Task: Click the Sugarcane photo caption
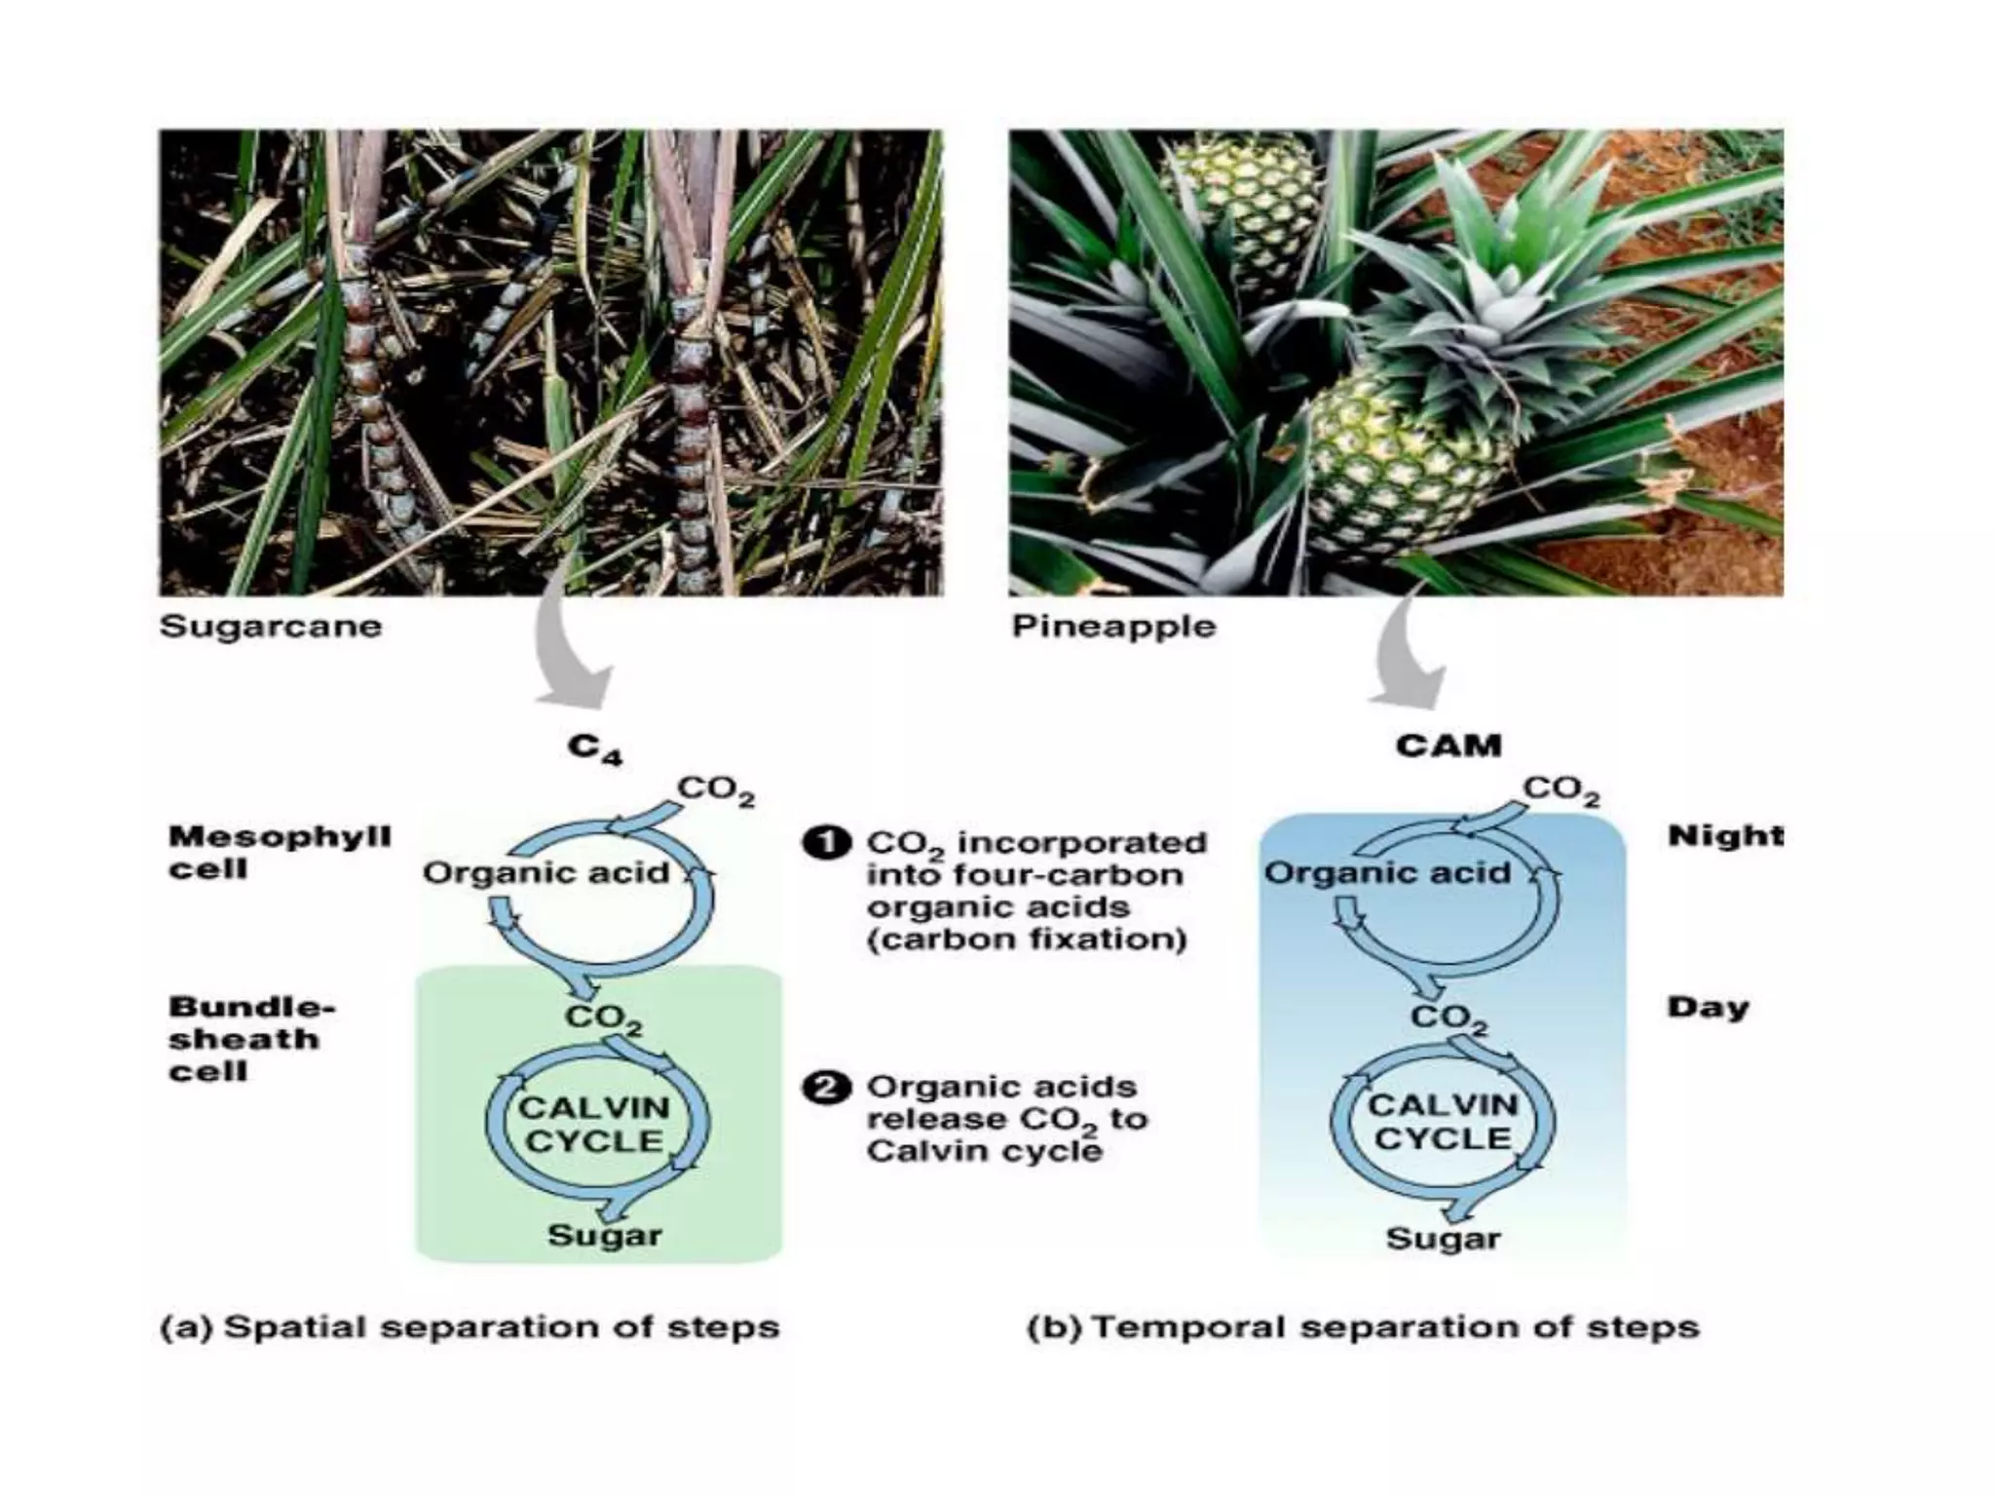pyautogui.click(x=271, y=626)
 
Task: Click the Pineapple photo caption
pyautogui.click(x=1113, y=626)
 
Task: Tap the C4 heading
pyautogui.click(x=595, y=748)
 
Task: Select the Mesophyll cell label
pyautogui.click(x=280, y=852)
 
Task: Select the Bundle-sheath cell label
pyautogui.click(x=251, y=1039)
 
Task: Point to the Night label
pyautogui.click(x=1725, y=835)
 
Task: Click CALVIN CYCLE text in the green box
pyautogui.click(x=594, y=1124)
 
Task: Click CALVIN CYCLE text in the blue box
pyautogui.click(x=1444, y=1122)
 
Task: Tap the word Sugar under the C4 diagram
pyautogui.click(x=605, y=1236)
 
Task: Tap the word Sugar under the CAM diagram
pyautogui.click(x=1444, y=1239)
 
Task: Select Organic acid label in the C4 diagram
pyautogui.click(x=546, y=872)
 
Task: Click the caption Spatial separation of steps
pyautogui.click(x=471, y=1327)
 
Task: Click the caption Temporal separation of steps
pyautogui.click(x=1364, y=1327)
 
